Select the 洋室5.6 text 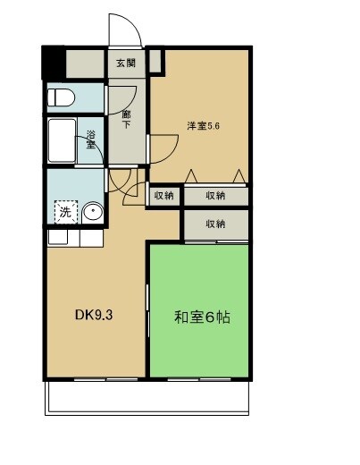[x=204, y=125]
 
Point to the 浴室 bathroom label [x=91, y=139]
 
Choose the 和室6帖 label [x=202, y=317]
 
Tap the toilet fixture [x=63, y=98]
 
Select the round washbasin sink [x=93, y=213]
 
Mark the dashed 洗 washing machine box [x=65, y=213]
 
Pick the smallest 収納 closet [x=163, y=196]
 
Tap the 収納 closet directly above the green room [x=215, y=224]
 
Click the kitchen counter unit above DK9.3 [x=76, y=239]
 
